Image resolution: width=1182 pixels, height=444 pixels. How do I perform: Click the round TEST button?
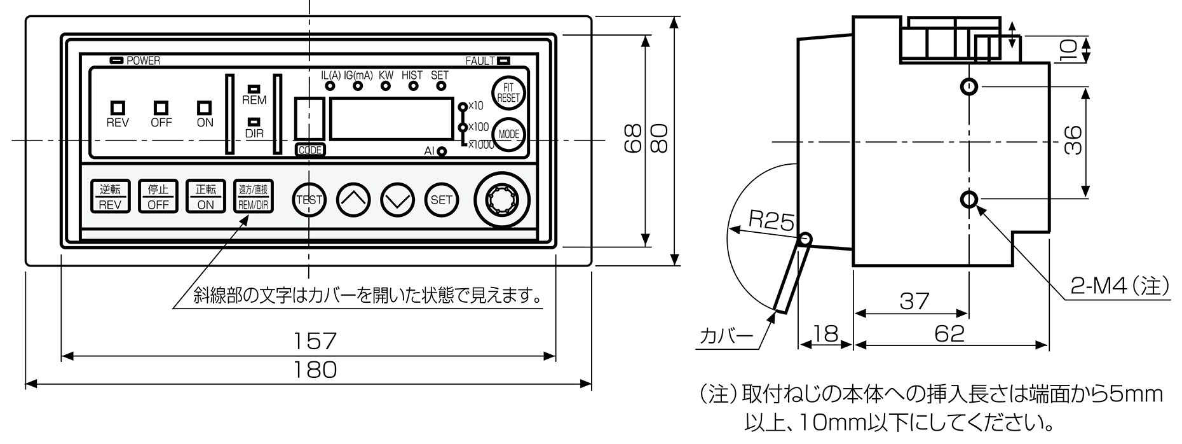pos(309,200)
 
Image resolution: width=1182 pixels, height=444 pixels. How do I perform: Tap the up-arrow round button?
pos(353,200)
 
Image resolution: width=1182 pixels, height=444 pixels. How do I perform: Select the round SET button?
pos(442,200)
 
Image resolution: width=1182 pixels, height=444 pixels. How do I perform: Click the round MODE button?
pos(509,135)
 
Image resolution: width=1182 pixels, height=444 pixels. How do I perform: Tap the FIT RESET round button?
pos(508,94)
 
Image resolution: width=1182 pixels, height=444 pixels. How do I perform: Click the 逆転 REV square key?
pos(110,197)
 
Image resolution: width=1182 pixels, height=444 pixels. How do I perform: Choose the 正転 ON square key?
pos(205,197)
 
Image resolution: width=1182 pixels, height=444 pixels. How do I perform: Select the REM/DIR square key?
pos(253,197)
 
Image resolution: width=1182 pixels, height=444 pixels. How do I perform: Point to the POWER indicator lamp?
pos(117,60)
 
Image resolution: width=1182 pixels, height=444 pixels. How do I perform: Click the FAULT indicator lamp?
pos(503,61)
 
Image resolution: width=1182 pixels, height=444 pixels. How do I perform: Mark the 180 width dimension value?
pos(315,370)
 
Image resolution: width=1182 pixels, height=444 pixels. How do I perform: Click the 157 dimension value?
pos(315,342)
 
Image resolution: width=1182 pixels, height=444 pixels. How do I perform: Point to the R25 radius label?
pos(771,220)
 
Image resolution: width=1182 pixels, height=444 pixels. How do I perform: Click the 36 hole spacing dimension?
pos(1073,141)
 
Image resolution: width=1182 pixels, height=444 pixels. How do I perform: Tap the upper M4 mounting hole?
pos(968,86)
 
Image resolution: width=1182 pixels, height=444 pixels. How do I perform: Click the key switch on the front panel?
pos(500,200)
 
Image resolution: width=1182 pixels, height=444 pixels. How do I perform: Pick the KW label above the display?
pos(386,75)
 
